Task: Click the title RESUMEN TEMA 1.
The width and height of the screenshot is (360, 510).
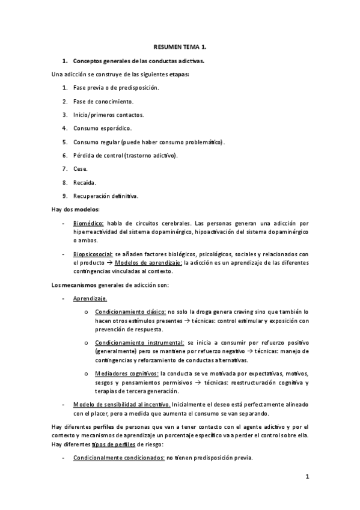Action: point(180,46)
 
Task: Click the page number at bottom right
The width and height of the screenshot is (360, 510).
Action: point(307,478)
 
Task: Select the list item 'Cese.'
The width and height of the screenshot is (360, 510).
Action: point(81,168)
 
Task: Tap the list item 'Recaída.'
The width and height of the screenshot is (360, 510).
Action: point(84,182)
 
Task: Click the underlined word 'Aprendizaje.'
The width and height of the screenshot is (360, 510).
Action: point(91,298)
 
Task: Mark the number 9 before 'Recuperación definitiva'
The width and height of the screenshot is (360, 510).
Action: point(64,196)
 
